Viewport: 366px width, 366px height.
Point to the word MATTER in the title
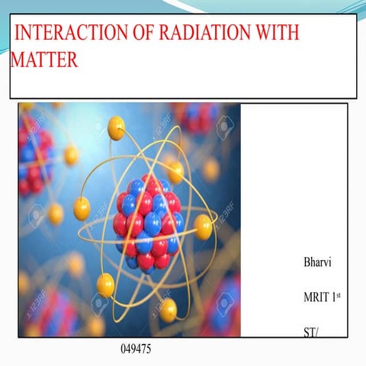pos(44,60)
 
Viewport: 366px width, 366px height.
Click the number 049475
pos(136,349)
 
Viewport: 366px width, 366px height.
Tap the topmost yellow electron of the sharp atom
pos(116,127)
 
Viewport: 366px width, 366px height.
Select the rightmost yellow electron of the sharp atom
pos(204,226)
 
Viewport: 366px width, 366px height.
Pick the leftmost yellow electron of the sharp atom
pos(82,208)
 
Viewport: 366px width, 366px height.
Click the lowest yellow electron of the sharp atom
pos(168,309)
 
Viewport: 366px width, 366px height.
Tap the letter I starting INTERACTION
pos(18,34)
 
